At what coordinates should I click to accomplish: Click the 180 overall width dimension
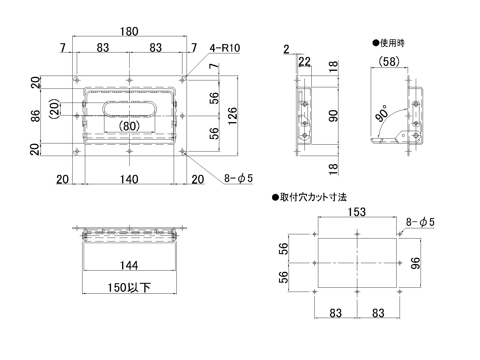click(x=130, y=31)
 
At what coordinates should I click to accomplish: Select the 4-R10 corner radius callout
click(x=225, y=48)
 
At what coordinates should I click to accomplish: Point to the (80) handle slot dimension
click(x=129, y=126)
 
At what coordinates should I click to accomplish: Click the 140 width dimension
click(x=129, y=179)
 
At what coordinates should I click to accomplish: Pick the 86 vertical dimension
click(x=35, y=116)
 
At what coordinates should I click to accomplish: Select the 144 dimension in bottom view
click(x=129, y=265)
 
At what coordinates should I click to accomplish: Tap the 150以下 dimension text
click(x=129, y=288)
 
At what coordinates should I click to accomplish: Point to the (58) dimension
click(x=389, y=62)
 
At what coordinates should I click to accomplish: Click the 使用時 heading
click(x=392, y=43)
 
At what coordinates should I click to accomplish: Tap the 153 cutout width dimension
click(x=357, y=212)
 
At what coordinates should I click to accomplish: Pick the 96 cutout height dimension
click(x=416, y=263)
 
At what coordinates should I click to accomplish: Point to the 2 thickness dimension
click(x=286, y=49)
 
